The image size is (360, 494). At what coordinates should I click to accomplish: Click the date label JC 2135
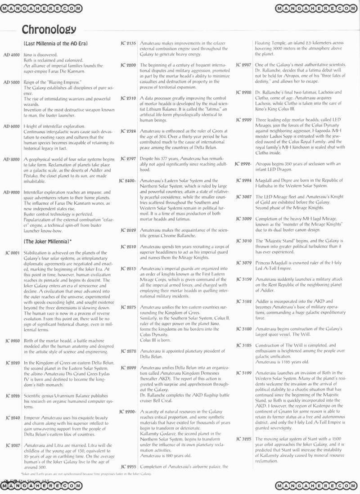[x=128, y=43]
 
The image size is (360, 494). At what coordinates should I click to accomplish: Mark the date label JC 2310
[x=128, y=98]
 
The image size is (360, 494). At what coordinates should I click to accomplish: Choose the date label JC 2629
[x=128, y=230]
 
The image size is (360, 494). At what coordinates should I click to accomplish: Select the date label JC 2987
[x=243, y=65]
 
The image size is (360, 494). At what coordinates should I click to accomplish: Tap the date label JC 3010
[x=243, y=241]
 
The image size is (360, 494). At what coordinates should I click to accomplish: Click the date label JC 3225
[x=243, y=438]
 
